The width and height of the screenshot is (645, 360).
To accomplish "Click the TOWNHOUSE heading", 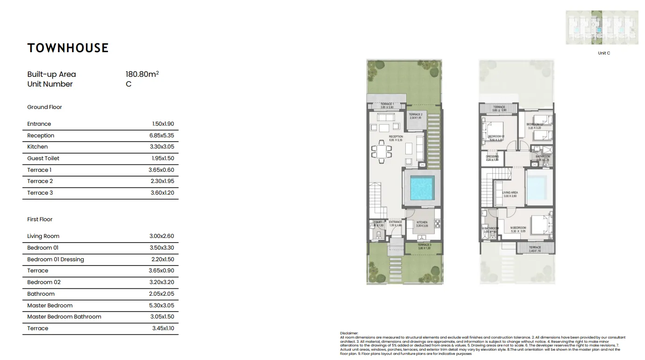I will tap(68, 48).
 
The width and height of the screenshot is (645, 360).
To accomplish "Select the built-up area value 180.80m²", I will tap(142, 74).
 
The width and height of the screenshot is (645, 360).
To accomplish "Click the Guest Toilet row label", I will tap(43, 158).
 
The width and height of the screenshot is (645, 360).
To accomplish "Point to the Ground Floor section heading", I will tap(45, 107).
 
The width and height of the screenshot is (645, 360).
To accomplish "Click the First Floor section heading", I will tap(40, 219).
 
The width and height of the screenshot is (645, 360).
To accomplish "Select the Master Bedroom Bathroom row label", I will tap(64, 317).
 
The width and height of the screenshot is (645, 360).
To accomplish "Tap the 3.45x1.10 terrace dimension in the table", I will tap(163, 328).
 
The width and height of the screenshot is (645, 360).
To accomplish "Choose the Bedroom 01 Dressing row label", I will tap(56, 259).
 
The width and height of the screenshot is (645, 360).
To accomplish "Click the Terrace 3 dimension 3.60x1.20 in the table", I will tap(162, 193).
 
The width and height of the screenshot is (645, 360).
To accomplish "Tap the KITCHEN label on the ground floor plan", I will tap(422, 223).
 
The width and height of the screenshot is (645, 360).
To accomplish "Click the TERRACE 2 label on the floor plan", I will tap(416, 115).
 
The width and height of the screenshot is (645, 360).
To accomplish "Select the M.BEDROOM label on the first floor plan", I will tap(517, 228).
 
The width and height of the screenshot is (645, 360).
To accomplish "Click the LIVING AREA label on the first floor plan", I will tap(510, 193).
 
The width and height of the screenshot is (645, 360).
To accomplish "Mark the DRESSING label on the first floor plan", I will tap(492, 157).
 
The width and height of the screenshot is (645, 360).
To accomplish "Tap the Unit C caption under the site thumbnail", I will tap(604, 54).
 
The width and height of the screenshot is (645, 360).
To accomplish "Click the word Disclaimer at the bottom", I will tap(349, 333).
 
